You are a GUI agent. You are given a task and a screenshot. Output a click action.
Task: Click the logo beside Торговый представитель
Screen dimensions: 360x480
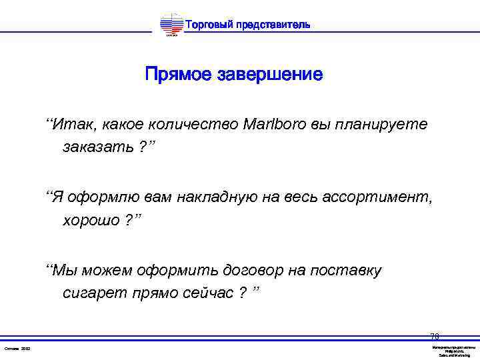click(171, 25)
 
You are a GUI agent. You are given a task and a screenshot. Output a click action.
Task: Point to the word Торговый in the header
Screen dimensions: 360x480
click(206, 25)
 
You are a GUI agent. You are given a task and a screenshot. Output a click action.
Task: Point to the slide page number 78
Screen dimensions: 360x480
click(435, 337)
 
